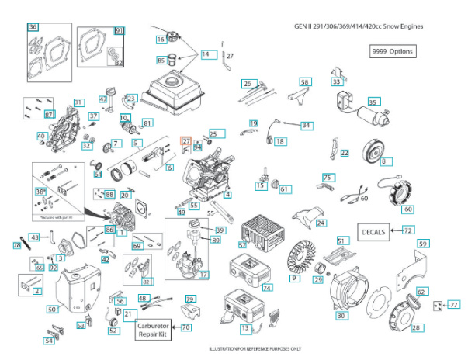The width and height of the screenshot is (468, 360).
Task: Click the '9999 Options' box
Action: pyautogui.click(x=393, y=51)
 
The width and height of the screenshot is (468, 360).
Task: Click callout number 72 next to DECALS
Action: pyautogui.click(x=408, y=230)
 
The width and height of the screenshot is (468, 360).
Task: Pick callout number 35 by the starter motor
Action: pyautogui.click(x=373, y=102)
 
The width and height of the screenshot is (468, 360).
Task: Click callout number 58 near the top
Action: pyautogui.click(x=304, y=81)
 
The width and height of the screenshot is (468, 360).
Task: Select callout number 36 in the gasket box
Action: pyautogui.click(x=33, y=27)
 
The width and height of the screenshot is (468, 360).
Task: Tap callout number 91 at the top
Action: pyautogui.click(x=119, y=30)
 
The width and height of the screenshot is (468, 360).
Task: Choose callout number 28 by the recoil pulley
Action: pyautogui.click(x=416, y=328)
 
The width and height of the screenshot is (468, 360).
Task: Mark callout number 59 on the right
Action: pyautogui.click(x=423, y=244)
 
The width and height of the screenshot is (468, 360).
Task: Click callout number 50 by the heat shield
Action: pyautogui.click(x=52, y=310)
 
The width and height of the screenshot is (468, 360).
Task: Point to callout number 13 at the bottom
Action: pyautogui.click(x=245, y=328)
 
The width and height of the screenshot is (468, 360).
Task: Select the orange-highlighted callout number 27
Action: pyautogui.click(x=186, y=140)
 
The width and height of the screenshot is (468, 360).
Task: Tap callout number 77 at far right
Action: pyautogui.click(x=454, y=306)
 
